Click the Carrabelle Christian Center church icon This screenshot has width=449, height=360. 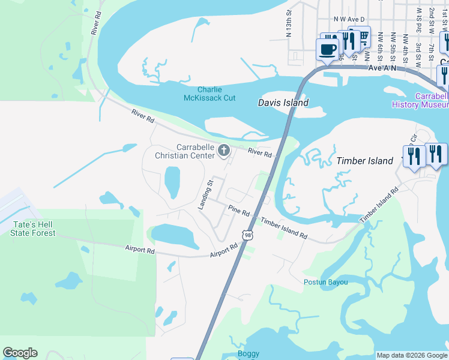point(224,150)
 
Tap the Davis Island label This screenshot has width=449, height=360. point(283,103)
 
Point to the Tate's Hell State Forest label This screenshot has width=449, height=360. point(34,229)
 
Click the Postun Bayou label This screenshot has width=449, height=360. point(326,282)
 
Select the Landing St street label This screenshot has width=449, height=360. point(205,194)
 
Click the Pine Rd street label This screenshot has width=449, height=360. point(239,212)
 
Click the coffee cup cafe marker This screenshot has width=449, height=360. point(328,49)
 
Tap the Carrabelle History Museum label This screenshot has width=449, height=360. point(420,100)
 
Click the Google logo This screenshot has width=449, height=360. point(20,353)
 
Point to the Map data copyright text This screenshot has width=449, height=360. point(411,355)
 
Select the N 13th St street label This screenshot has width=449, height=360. point(289,22)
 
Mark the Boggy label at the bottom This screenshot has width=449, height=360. point(248,353)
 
